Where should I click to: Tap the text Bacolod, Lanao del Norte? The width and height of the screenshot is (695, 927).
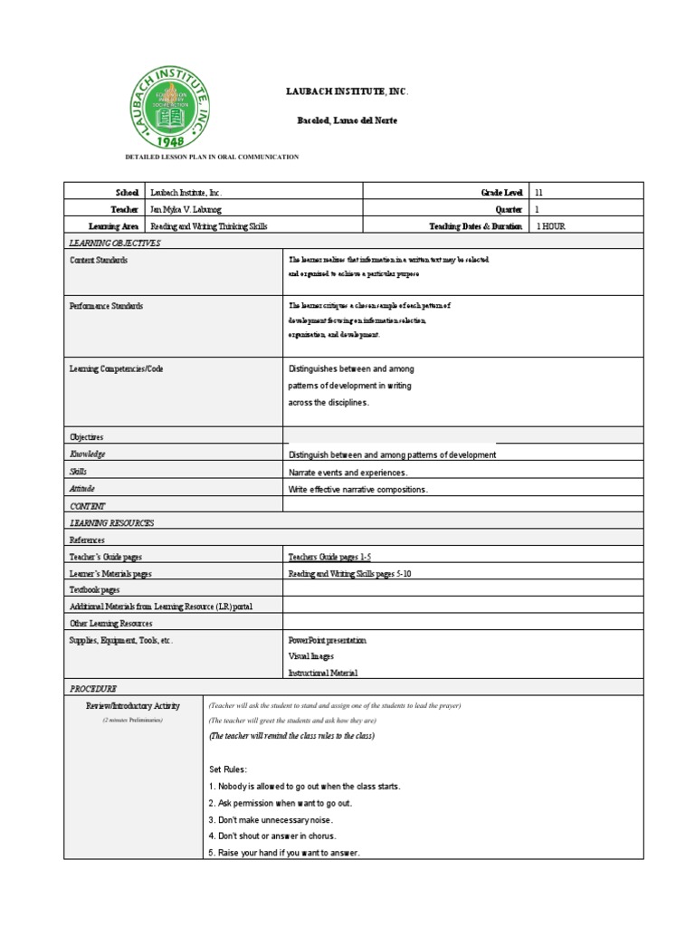click(x=347, y=120)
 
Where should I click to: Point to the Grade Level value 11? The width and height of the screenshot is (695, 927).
click(x=539, y=193)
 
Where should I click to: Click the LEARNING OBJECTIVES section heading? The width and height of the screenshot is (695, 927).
click(x=115, y=243)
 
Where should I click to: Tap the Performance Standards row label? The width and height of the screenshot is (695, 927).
click(x=106, y=306)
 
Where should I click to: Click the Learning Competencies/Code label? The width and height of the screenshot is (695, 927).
click(x=117, y=369)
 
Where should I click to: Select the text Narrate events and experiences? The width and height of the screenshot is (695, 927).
click(x=347, y=473)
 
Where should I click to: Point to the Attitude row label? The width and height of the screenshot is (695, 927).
click(x=82, y=489)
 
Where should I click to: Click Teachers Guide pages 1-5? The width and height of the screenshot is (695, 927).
click(x=329, y=558)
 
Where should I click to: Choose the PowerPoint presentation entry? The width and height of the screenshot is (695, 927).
click(x=327, y=640)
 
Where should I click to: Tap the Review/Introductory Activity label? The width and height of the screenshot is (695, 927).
click(x=133, y=706)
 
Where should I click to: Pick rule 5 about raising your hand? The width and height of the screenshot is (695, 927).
click(x=283, y=853)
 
